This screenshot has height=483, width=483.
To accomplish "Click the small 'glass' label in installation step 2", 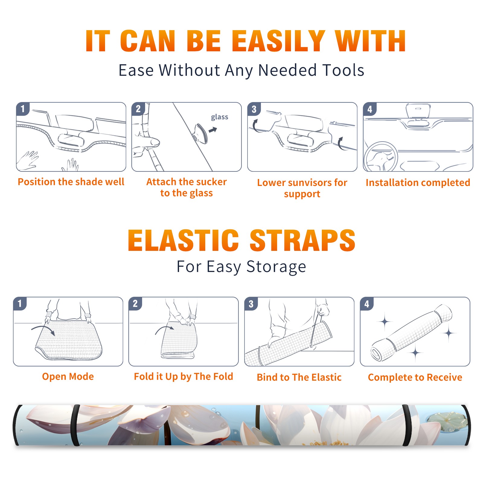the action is [x=219, y=117].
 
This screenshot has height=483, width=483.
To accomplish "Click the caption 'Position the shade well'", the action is [x=71, y=182].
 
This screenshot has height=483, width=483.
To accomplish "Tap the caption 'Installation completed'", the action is [x=418, y=183].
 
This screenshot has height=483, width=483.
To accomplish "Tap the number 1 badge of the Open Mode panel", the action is [x=20, y=303].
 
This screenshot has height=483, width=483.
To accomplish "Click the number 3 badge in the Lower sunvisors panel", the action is [x=254, y=109].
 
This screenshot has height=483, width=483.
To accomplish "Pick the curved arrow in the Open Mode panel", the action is [x=43, y=330].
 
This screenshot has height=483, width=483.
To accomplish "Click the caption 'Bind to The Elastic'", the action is [x=299, y=377].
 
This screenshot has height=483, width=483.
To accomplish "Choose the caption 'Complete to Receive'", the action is [x=415, y=377].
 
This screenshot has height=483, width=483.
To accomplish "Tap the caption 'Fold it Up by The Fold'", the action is [x=184, y=376].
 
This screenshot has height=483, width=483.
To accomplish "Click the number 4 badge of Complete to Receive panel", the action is [x=367, y=304].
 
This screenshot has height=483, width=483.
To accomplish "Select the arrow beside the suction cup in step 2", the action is [x=213, y=130].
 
